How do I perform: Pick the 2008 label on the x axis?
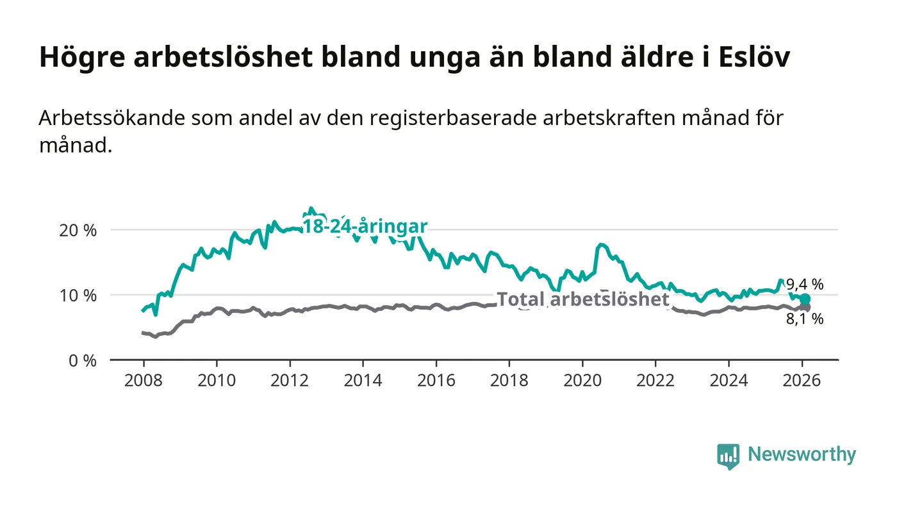143,380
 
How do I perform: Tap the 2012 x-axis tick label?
290,380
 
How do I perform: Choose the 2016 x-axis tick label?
436,380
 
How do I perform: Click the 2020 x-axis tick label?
582,380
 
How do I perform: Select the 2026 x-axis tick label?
802,380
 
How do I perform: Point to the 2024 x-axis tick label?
729,380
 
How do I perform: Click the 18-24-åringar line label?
364,227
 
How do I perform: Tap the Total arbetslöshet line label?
583,299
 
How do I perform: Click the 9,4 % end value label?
805,285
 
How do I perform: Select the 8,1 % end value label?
805,319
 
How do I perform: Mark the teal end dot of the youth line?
805,299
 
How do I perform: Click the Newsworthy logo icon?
728,456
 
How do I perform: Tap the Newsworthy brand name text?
802,455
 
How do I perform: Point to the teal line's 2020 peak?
600,245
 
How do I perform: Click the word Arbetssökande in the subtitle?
106,119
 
